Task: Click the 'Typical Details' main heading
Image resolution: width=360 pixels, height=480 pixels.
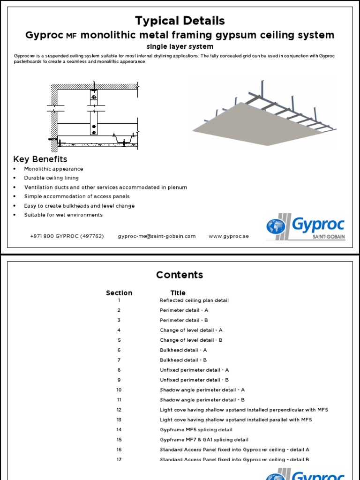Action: [180, 21]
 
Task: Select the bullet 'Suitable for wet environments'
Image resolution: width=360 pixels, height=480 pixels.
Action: [63, 215]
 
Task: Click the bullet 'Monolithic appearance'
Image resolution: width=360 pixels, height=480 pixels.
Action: [53, 169]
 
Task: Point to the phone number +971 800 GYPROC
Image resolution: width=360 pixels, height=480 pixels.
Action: [67, 236]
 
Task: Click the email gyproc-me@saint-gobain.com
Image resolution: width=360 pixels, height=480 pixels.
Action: [157, 236]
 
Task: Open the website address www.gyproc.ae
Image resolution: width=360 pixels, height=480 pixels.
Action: [229, 236]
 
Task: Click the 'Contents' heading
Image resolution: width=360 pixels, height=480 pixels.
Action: [180, 275]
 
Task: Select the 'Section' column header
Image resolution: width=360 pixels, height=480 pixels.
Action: [119, 293]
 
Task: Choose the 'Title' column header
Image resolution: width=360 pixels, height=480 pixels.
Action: [178, 293]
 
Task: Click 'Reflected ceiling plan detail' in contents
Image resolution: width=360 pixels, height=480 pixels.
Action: [194, 300]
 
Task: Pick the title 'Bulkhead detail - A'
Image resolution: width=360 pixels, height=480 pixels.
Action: [183, 350]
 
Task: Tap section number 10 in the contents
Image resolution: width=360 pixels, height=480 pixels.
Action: [119, 390]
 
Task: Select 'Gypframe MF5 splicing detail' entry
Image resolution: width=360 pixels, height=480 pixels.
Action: [196, 430]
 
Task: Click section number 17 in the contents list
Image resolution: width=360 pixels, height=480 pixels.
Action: [119, 460]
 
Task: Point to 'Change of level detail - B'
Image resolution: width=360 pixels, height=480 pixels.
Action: [191, 340]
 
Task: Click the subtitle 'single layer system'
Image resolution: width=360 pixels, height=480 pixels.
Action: [180, 46]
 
